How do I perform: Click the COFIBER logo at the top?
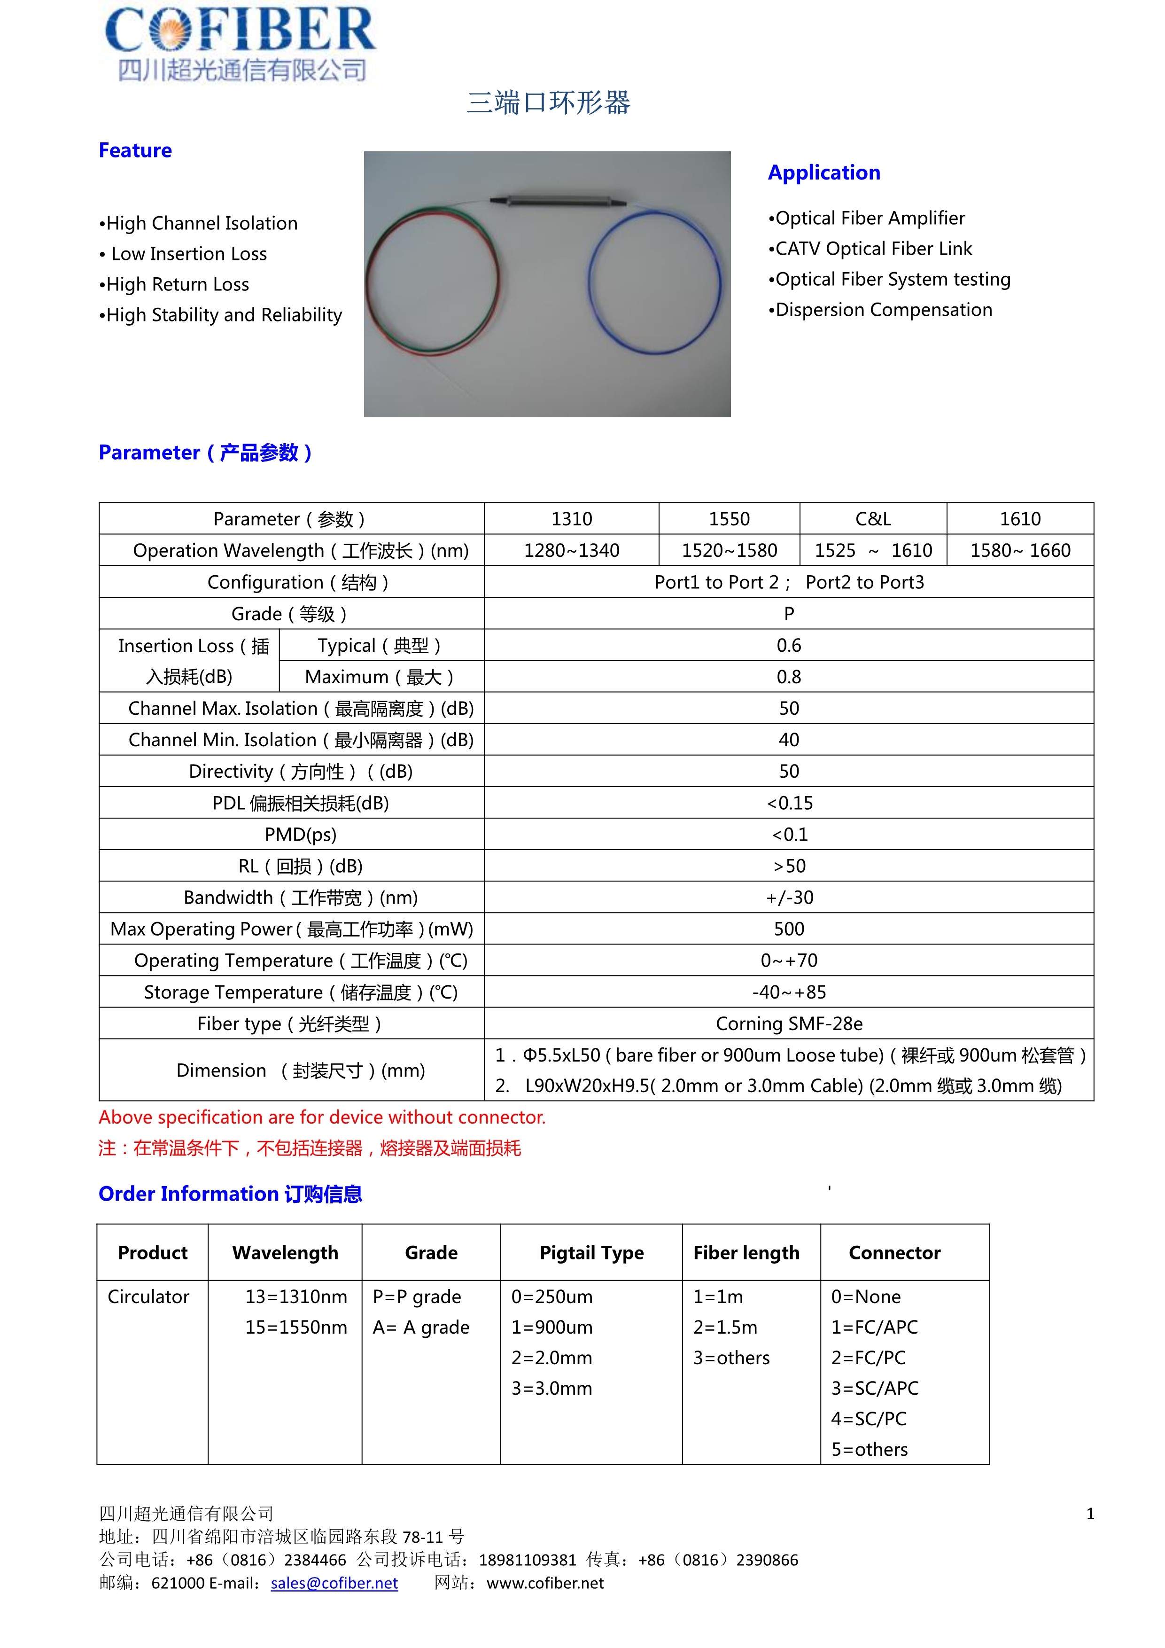(x=241, y=43)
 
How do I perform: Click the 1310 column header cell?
(x=571, y=519)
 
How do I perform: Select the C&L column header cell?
(x=872, y=519)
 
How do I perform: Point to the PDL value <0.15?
(x=789, y=803)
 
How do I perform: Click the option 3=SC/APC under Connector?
(x=875, y=1389)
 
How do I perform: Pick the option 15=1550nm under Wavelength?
(x=295, y=1328)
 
